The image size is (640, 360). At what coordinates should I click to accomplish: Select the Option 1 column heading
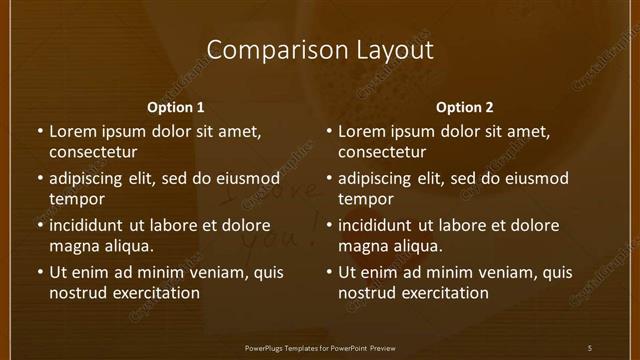tap(175, 107)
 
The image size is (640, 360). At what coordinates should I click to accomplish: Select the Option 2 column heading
tap(465, 107)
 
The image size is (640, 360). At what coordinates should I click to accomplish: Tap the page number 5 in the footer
tap(590, 348)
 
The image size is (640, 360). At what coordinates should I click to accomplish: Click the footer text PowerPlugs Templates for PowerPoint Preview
tap(320, 348)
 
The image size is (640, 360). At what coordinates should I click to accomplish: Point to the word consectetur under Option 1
tap(93, 153)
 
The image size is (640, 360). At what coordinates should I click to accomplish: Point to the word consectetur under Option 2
tap(382, 153)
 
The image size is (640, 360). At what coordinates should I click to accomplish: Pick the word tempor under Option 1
tap(77, 199)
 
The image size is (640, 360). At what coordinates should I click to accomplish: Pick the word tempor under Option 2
tap(366, 199)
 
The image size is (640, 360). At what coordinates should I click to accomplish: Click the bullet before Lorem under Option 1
tap(40, 132)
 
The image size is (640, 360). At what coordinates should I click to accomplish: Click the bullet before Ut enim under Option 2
tap(329, 272)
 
